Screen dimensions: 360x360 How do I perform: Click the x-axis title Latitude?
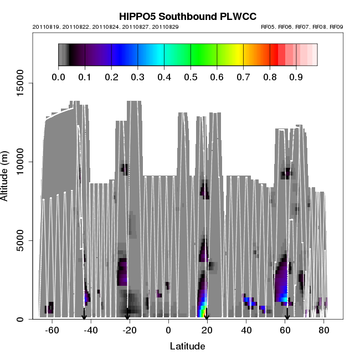[x=187, y=347]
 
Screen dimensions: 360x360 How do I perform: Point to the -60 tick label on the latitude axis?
[x=52, y=330]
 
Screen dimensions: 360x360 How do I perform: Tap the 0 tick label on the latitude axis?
[x=168, y=330]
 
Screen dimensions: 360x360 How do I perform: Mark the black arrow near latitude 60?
[x=287, y=315]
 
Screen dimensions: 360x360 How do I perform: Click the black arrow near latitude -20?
[x=127, y=315]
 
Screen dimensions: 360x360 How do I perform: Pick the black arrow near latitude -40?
[x=84, y=315]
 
